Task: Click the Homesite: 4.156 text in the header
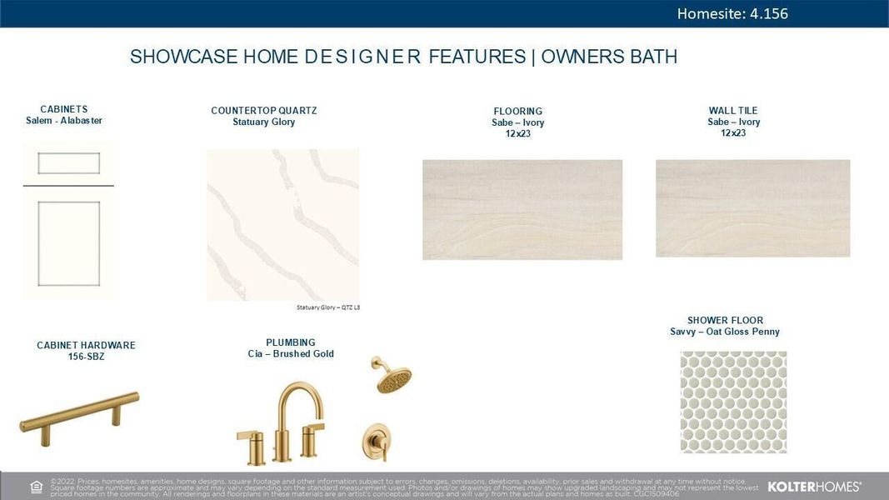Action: (732, 13)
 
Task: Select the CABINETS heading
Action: (64, 109)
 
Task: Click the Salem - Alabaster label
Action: (64, 121)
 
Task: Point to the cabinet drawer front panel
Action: (68, 163)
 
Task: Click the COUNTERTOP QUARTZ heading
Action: (263, 111)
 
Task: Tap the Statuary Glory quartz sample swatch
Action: (282, 225)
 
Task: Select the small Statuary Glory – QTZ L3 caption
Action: (328, 307)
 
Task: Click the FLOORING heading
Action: (517, 111)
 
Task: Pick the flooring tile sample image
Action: (522, 209)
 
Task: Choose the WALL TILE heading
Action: (733, 111)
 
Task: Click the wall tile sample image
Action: (752, 208)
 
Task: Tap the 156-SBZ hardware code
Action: (86, 357)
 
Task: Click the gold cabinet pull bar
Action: (79, 412)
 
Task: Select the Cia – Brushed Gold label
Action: (291, 354)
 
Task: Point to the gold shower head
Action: (392, 377)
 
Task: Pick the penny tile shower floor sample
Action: (733, 402)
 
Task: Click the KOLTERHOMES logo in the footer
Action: (814, 486)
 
